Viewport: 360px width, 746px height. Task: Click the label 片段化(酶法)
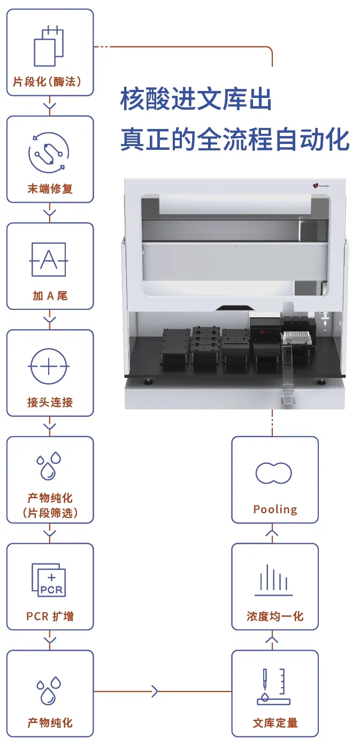[x=47, y=81]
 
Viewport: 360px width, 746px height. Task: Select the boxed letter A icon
[x=49, y=260]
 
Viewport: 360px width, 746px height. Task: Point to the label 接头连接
[x=50, y=402]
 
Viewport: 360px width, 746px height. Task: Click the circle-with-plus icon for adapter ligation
[x=49, y=367]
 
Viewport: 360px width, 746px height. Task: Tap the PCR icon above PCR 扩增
[x=49, y=580]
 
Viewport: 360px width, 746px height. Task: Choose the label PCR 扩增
[x=50, y=616]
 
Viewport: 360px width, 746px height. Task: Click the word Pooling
[x=275, y=509]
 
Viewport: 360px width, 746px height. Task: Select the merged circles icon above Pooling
[x=274, y=473]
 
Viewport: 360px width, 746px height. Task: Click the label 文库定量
[x=275, y=723]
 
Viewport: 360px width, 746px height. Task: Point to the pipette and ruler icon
[x=274, y=687]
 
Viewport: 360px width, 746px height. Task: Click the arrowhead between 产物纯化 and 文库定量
[x=154, y=691]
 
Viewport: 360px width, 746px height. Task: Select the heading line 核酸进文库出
[x=196, y=99]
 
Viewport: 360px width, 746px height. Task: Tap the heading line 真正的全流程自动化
[x=235, y=139]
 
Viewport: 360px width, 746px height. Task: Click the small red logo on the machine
[x=315, y=186]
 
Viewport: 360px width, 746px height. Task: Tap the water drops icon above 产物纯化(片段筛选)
[x=49, y=466]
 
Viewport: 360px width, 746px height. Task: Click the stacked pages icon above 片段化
[x=49, y=46]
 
